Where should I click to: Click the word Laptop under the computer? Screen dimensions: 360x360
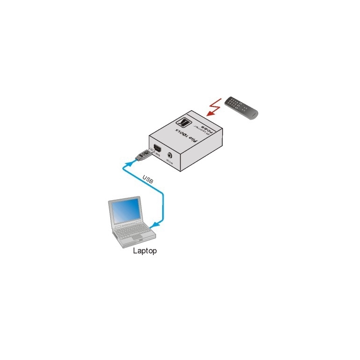point(144,251)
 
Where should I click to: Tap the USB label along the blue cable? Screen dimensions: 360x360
point(148,179)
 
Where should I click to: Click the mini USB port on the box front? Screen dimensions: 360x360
point(155,150)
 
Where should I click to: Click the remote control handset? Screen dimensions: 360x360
point(241,108)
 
